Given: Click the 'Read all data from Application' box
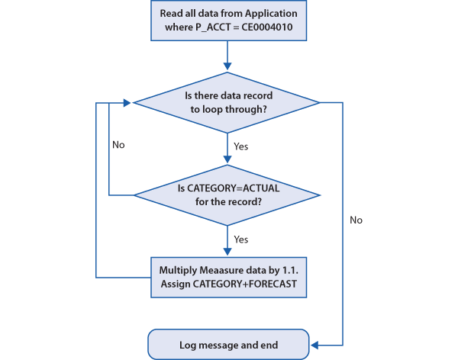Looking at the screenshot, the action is [228, 21].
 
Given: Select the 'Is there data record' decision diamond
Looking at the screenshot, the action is [227, 102].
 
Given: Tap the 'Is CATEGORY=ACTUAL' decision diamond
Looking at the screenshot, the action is [227, 195].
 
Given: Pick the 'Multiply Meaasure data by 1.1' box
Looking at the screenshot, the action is [228, 278].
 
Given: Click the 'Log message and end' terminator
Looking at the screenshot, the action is [228, 345].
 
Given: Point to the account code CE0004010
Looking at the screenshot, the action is [267, 27].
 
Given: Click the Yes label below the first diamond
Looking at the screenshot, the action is [241, 146].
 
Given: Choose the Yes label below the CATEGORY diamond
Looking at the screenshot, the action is [241, 239].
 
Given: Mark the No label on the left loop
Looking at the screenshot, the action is [118, 145].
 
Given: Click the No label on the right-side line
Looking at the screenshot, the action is [356, 220].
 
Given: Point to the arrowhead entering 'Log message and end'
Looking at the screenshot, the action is [314, 345].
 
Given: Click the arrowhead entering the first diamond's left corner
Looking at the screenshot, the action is [127, 102].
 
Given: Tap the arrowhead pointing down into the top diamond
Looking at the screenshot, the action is [227, 66].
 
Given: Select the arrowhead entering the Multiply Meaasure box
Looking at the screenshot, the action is [227, 252].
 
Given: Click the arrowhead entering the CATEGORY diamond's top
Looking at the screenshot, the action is [227, 159].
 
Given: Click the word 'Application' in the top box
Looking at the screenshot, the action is [271, 14].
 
